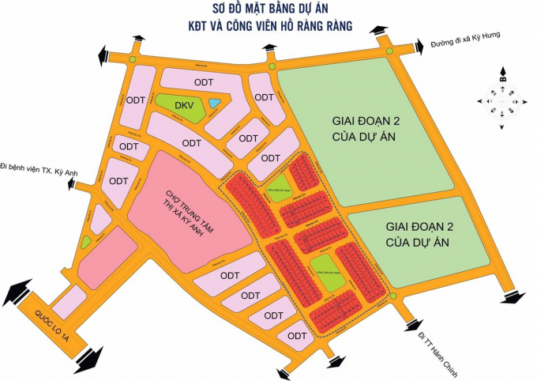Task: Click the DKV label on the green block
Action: tap(183, 105)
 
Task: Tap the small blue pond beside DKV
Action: tap(215, 104)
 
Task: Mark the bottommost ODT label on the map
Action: tap(297, 336)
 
